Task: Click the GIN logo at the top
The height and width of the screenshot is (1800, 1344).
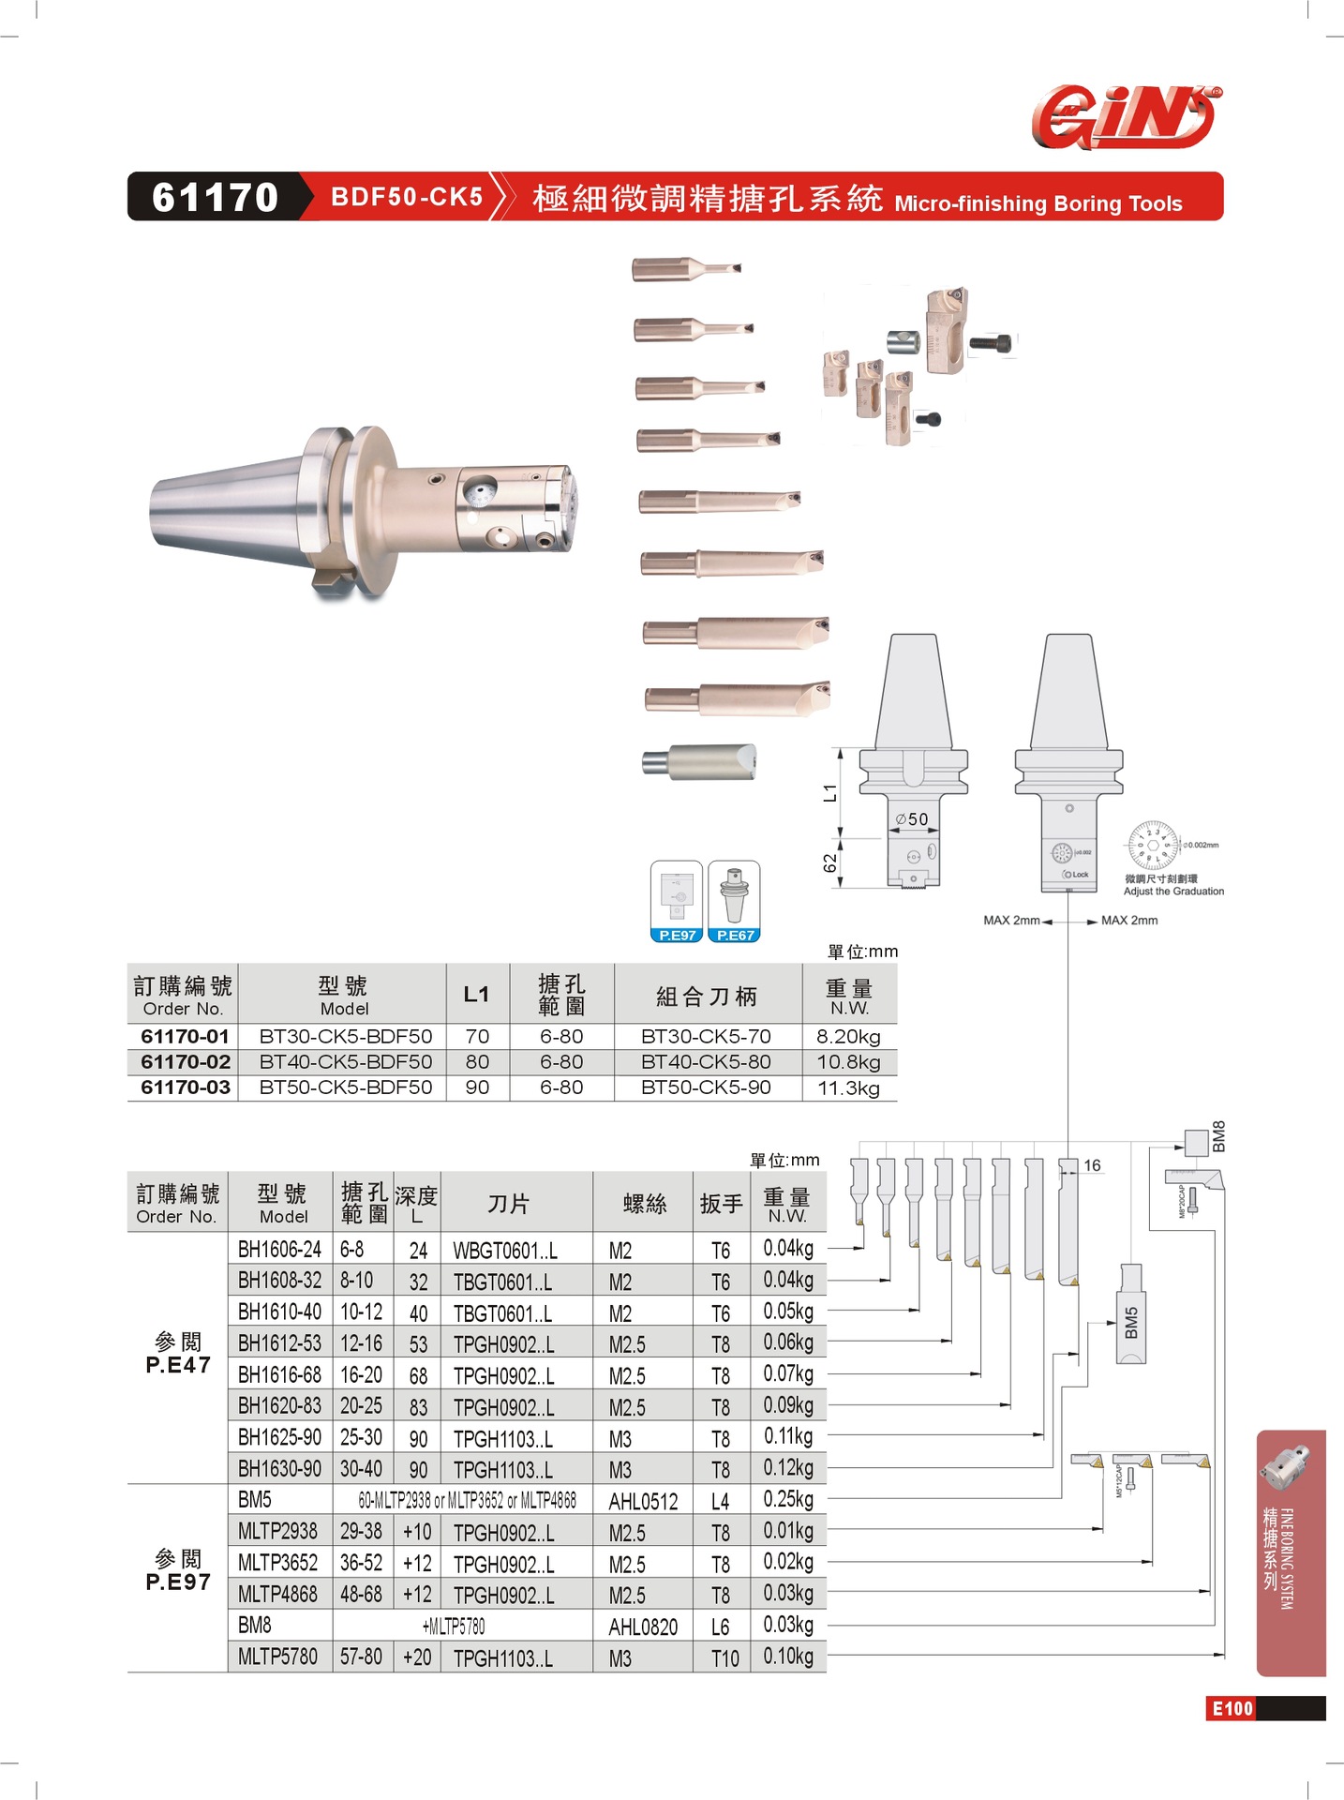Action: (1126, 117)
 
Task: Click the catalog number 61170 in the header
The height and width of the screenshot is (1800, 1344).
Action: (215, 197)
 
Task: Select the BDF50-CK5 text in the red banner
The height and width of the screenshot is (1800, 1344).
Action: (407, 197)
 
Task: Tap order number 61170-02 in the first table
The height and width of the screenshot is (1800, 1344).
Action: (185, 1062)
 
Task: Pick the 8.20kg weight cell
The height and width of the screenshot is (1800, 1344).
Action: (848, 1037)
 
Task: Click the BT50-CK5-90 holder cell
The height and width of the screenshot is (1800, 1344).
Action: (706, 1087)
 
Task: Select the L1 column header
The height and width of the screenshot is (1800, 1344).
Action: (476, 995)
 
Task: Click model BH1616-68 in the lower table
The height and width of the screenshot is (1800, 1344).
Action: (279, 1375)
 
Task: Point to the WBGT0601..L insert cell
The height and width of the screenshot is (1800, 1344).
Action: (505, 1251)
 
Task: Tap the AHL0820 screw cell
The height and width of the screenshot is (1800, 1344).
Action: (643, 1627)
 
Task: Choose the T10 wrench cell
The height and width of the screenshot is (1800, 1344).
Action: (724, 1658)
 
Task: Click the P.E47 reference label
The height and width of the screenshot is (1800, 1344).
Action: (178, 1365)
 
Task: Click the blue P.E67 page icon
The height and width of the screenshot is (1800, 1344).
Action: (735, 901)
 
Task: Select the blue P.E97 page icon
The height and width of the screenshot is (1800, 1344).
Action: (677, 901)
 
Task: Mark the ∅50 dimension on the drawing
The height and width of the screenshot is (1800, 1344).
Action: (911, 819)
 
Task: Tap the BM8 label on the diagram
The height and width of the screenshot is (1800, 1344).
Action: (1218, 1136)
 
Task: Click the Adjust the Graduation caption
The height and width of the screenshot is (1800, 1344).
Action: (1173, 892)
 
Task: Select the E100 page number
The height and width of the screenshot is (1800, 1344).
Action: (1232, 1708)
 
